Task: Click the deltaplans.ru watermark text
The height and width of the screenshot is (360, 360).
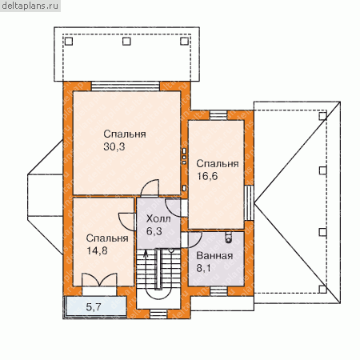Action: point(30,6)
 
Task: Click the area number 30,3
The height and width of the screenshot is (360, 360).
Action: point(114,146)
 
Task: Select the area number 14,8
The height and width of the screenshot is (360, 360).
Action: point(97,250)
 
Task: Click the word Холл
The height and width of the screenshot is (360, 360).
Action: point(158,219)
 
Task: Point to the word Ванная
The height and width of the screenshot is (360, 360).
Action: point(214,256)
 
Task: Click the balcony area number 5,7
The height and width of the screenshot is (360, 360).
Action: point(94,307)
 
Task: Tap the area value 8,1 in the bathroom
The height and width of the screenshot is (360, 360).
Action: point(204,268)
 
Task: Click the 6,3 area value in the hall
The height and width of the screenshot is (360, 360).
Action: point(154,231)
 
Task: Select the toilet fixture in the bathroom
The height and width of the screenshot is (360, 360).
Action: point(229,237)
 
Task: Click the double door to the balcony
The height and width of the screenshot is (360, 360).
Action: point(99,280)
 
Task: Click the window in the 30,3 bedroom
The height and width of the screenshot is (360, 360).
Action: point(126,86)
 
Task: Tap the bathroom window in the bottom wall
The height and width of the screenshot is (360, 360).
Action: point(218,291)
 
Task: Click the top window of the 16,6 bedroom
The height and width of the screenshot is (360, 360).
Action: point(218,115)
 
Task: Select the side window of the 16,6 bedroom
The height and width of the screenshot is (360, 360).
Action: point(249,203)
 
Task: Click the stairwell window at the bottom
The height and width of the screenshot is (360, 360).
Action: point(158,314)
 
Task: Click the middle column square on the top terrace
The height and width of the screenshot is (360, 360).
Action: point(126,42)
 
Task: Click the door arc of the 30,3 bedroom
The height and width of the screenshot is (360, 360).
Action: point(150,188)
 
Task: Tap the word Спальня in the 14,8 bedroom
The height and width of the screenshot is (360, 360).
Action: point(107,238)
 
